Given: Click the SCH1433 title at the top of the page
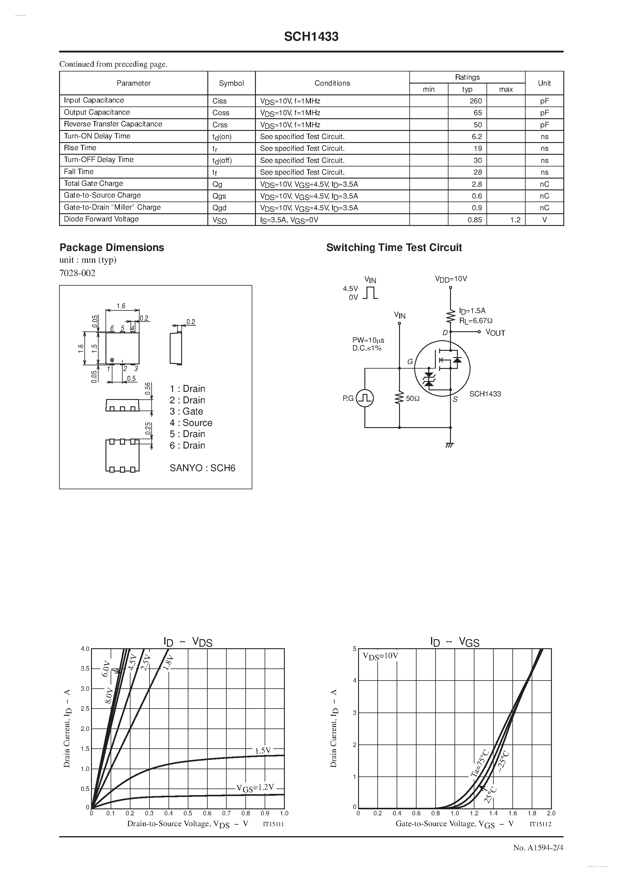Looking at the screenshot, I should click(x=311, y=37).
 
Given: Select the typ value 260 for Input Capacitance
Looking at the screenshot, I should click(x=476, y=101).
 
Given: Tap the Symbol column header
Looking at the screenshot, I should click(x=231, y=83).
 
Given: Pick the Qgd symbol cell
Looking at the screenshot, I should click(x=219, y=208).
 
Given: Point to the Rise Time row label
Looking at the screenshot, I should click(x=80, y=148).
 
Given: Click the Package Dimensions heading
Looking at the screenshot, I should click(x=112, y=247).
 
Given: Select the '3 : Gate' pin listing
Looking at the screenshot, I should click(x=186, y=411).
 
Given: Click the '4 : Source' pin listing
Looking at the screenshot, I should click(x=191, y=423).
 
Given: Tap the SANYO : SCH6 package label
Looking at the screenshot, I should click(x=202, y=468).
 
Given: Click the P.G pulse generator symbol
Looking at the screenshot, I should click(x=365, y=398).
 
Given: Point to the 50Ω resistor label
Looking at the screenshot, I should click(x=412, y=399).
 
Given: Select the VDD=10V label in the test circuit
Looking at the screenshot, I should click(x=451, y=279).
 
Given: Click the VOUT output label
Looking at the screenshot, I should click(x=495, y=333).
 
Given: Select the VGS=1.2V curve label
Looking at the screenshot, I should click(x=255, y=788).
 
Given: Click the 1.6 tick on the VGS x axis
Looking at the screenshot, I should click(x=512, y=813).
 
